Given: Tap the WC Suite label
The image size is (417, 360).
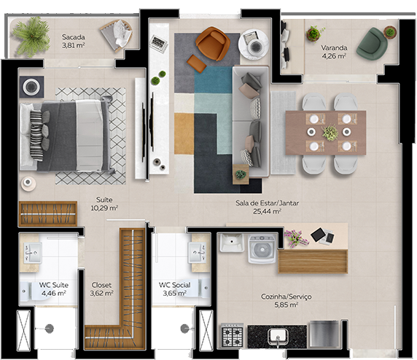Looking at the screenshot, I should pos(53,289).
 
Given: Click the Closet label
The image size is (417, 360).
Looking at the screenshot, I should pos(101,289).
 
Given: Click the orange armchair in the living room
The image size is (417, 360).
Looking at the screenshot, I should pos(211,44).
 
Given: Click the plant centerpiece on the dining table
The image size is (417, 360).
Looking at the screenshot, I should pos(330,133).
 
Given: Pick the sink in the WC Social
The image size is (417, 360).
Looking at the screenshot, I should pos(197,252).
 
